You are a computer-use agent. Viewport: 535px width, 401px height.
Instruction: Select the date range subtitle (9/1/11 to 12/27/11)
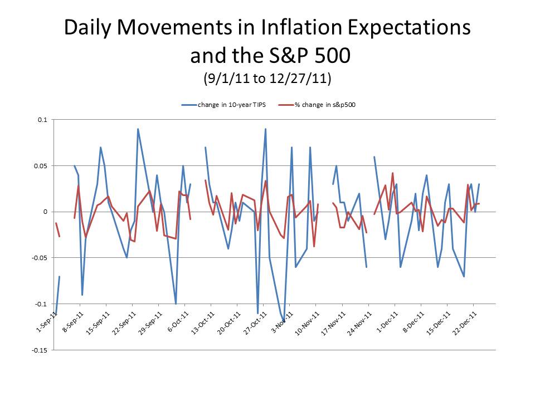coord(267,79)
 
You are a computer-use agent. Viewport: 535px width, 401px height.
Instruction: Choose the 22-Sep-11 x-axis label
coord(124,322)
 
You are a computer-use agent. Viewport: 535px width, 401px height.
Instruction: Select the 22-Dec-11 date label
coord(466,322)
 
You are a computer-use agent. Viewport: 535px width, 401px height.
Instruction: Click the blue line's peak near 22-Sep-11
coord(138,129)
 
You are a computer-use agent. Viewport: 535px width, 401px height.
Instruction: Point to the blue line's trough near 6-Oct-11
coord(176,304)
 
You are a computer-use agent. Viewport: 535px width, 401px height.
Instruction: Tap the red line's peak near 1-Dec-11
coord(392,173)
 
